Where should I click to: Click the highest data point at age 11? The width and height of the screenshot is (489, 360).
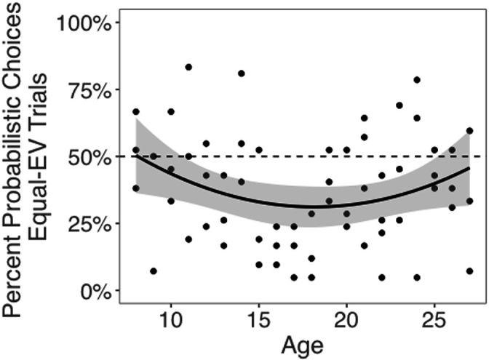tap(188, 67)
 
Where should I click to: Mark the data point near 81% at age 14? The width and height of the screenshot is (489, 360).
tap(241, 73)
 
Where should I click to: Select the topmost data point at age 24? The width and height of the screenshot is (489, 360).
tap(417, 80)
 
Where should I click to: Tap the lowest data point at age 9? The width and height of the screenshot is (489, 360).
tap(154, 271)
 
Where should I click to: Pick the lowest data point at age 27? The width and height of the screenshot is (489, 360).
tap(469, 271)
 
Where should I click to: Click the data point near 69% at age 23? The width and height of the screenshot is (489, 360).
tap(399, 105)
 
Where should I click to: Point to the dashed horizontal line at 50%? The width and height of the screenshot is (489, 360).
tap(306, 156)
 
